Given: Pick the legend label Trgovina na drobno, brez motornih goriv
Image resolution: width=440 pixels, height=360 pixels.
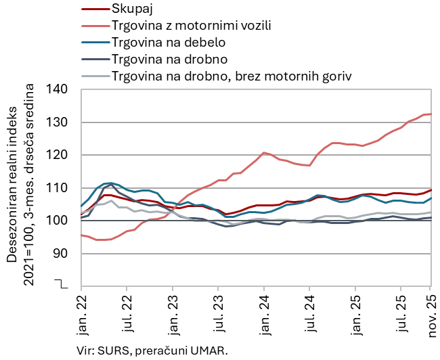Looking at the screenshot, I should [232, 75].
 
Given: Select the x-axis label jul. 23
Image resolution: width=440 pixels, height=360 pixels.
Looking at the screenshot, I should [218, 313].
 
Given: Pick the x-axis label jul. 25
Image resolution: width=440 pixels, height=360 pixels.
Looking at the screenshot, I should [400, 313].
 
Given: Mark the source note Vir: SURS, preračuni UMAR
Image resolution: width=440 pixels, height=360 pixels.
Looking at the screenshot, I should [153, 350].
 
